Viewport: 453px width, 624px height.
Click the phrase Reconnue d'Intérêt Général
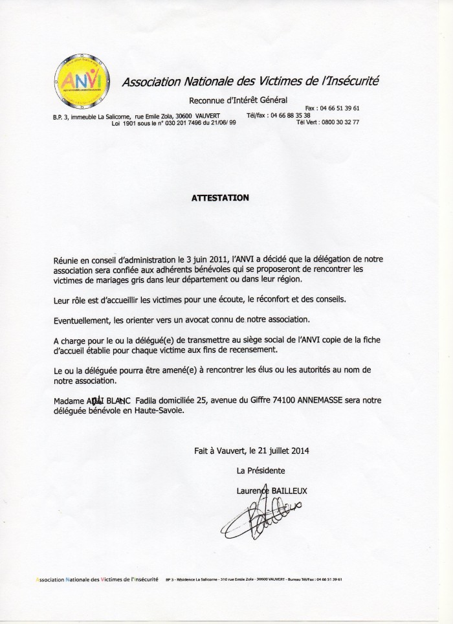[237, 100]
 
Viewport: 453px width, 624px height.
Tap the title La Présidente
[261, 470]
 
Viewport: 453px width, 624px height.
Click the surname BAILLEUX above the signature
[286, 491]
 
